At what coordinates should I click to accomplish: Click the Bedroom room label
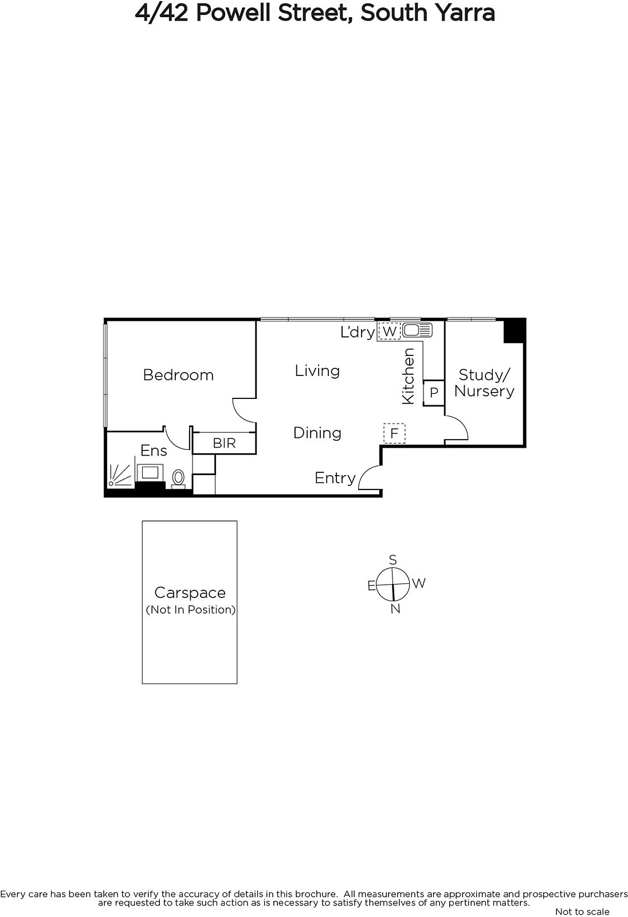pyautogui.click(x=178, y=375)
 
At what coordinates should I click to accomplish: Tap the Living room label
pyautogui.click(x=317, y=371)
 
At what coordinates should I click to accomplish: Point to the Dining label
pyautogui.click(x=317, y=433)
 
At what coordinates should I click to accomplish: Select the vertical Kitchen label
pyautogui.click(x=409, y=376)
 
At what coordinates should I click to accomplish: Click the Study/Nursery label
pyautogui.click(x=484, y=383)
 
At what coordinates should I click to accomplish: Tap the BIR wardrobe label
pyautogui.click(x=225, y=443)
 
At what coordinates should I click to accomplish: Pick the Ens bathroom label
pyautogui.click(x=154, y=450)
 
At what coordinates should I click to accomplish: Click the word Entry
pyautogui.click(x=335, y=478)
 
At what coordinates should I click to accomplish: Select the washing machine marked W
pyautogui.click(x=389, y=331)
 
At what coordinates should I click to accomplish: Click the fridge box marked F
pyautogui.click(x=394, y=433)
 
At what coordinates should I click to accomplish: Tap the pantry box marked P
pyautogui.click(x=434, y=393)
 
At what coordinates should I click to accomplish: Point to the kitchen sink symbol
pyautogui.click(x=417, y=330)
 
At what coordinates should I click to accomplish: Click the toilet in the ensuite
pyautogui.click(x=178, y=479)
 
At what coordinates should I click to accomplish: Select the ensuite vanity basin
pyautogui.click(x=150, y=473)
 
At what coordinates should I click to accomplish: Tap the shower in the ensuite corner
pyautogui.click(x=120, y=476)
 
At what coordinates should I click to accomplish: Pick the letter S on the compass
pyautogui.click(x=392, y=559)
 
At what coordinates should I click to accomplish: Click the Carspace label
pyautogui.click(x=190, y=593)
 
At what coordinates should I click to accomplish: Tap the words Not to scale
pyautogui.click(x=582, y=911)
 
